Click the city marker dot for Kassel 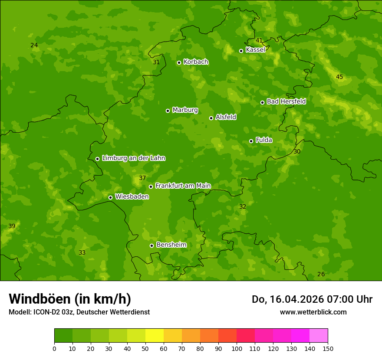coord(241,51)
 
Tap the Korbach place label coord(196,62)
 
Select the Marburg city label coord(185,110)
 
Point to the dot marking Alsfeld coord(211,118)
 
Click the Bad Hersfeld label coord(286,101)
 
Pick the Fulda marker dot coord(251,141)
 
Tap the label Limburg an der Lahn coord(133,158)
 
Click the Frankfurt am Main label coord(183,186)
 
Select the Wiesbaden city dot coord(110,197)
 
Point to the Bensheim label coord(171,245)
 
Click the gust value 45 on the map coord(339,77)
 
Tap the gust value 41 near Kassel coord(259,41)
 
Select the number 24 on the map coord(34,46)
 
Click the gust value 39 coord(12,226)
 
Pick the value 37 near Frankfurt coord(142,178)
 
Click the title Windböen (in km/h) coord(70,299)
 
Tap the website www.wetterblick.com coord(313,312)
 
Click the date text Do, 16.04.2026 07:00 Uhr coord(312,299)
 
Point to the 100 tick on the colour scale coord(237,348)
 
